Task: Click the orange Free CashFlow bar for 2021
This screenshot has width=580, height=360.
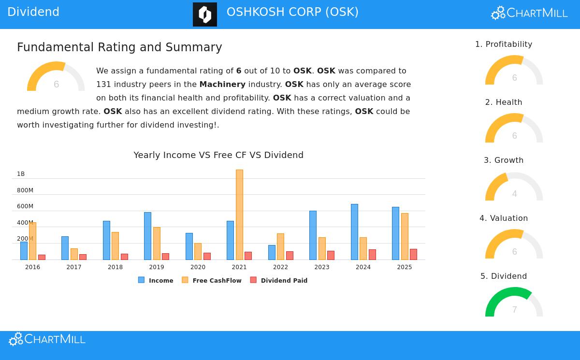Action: pos(239,215)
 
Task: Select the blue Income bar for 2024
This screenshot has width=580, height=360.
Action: pos(354,232)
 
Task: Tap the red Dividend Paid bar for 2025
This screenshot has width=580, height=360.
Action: pos(413,254)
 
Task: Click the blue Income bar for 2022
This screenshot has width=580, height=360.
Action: pos(272,252)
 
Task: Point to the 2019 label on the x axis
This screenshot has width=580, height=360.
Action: pos(157,267)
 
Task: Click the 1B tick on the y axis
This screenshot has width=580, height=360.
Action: pos(21,174)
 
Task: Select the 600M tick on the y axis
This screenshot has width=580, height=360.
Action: pos(25,206)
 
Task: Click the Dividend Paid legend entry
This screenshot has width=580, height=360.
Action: pos(279,280)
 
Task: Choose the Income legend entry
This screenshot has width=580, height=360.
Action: pos(156,280)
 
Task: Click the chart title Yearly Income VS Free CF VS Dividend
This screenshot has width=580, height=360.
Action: pos(218,155)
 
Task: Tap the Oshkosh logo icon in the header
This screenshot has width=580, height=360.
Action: pos(205,14)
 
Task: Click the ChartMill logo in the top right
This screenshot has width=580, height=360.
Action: pos(529,13)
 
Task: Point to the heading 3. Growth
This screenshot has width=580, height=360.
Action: pos(504,160)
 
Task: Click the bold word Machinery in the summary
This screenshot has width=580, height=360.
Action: pos(222,85)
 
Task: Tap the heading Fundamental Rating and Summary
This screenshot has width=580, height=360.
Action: pos(119,47)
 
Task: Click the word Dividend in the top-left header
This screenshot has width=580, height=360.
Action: pos(33,12)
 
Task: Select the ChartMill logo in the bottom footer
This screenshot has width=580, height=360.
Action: pos(47,339)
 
